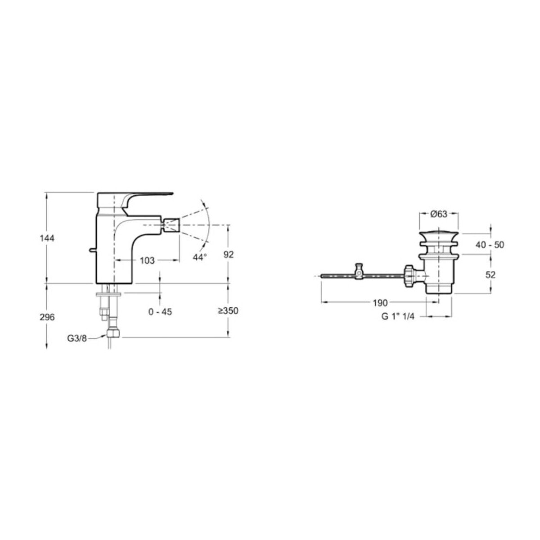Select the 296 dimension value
point(47,318)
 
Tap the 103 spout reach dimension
point(147,261)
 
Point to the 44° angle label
point(200,257)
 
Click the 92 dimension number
point(229,254)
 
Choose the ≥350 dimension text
point(228,311)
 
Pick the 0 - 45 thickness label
point(160,311)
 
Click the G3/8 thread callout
point(77,338)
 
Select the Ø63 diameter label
point(439,214)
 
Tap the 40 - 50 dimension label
point(490,245)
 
